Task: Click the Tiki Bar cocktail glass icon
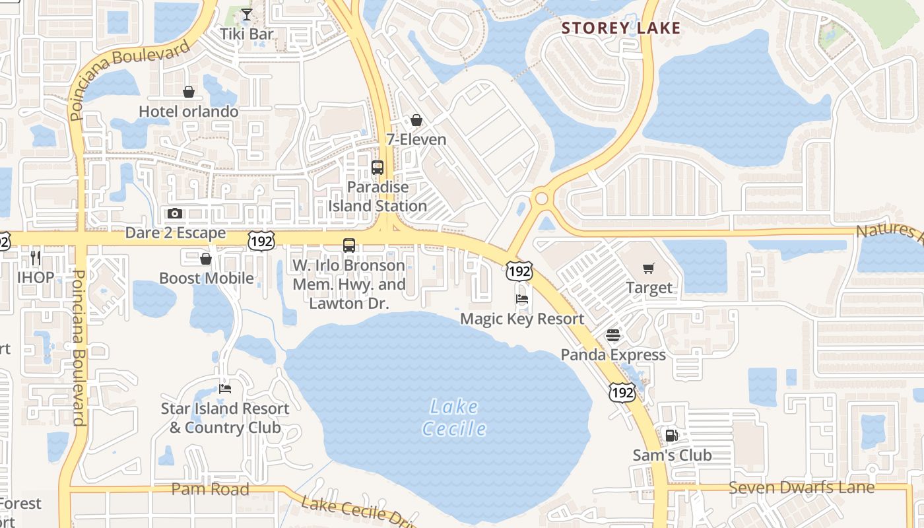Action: pos(246,15)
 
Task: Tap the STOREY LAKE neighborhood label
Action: pos(620,28)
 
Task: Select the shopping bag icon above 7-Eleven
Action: pos(416,120)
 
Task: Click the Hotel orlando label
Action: pos(188,112)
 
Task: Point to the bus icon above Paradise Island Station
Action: pos(378,168)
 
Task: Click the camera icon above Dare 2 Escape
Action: pos(175,213)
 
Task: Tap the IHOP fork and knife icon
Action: pos(36,257)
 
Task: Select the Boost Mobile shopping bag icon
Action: pos(206,259)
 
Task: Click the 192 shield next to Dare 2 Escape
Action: pos(261,242)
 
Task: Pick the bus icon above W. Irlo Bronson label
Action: pos(349,246)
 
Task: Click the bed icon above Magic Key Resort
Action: pos(522,298)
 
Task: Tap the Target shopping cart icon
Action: pos(649,268)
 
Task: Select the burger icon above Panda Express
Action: pos(613,335)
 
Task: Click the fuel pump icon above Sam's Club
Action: pos(671,436)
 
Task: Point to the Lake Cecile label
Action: pos(454,417)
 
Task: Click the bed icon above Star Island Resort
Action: pos(225,389)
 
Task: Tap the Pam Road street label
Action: pos(210,489)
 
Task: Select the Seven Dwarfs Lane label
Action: pos(801,488)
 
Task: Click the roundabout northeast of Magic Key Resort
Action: pos(542,197)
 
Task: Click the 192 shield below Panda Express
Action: pos(622,393)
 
